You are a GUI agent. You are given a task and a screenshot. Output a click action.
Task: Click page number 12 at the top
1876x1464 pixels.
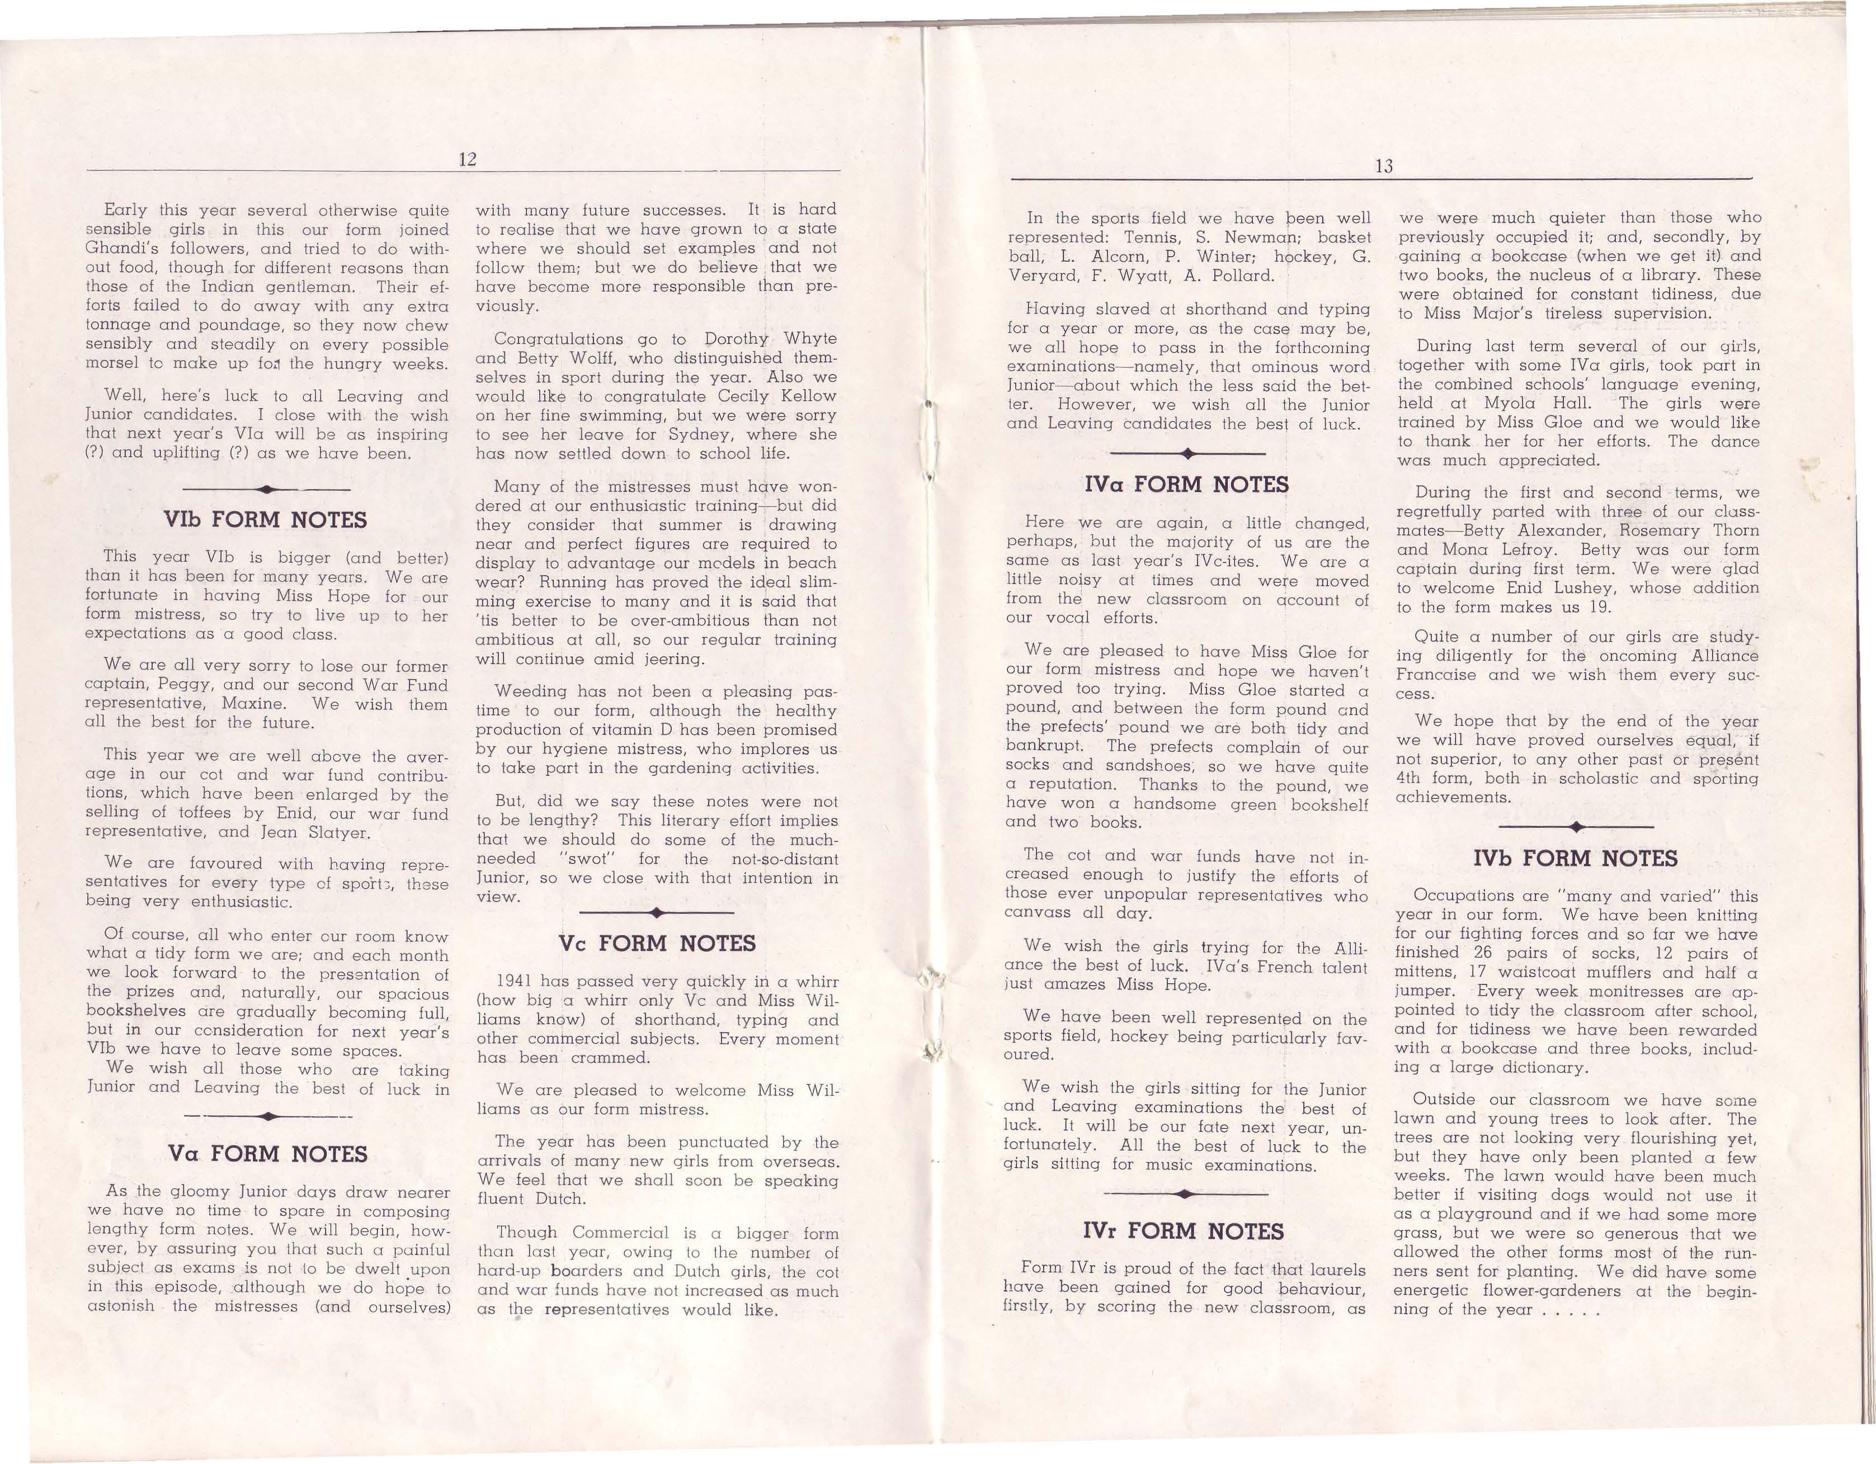coord(467,160)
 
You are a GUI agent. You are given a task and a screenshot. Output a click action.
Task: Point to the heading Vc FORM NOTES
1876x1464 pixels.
coord(657,944)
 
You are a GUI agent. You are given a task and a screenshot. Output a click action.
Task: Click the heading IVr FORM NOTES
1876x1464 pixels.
coord(1184,1231)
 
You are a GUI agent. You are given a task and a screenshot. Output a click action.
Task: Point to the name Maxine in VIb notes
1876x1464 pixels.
coord(250,704)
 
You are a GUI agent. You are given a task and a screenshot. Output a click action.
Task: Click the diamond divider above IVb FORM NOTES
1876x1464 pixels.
coord(1575,827)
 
